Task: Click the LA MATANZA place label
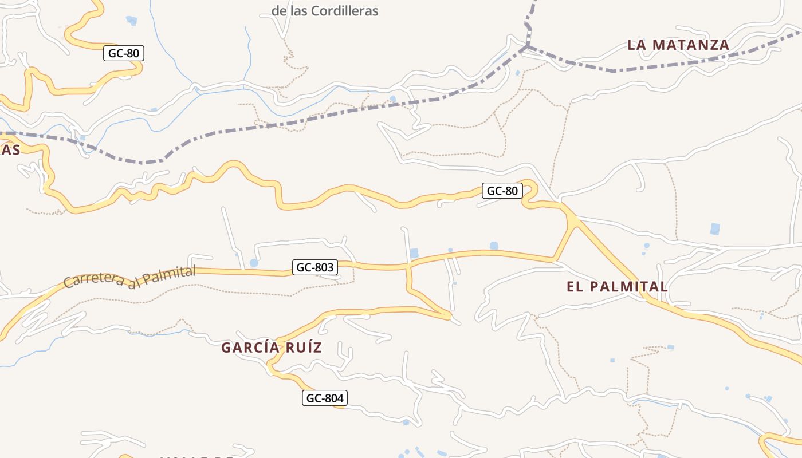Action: (678, 45)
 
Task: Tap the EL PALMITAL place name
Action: (617, 287)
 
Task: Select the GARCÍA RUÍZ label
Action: (272, 348)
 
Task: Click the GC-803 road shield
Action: (314, 267)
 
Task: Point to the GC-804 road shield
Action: (325, 398)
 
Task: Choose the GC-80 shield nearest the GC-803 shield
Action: (502, 191)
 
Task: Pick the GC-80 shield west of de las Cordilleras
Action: (123, 54)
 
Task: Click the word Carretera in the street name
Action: (93, 281)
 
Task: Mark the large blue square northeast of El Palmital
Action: (715, 229)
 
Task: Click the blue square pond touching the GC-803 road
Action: (414, 253)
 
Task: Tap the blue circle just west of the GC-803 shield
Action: (254, 263)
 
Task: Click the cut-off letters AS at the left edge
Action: (10, 150)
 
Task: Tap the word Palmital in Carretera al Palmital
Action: (169, 275)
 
